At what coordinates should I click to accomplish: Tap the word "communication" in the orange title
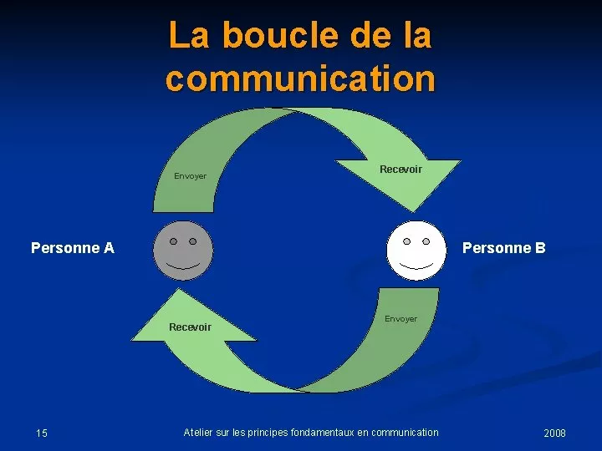tap(301, 79)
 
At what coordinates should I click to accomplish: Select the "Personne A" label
tap(73, 248)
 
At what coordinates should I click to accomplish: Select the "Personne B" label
tap(503, 248)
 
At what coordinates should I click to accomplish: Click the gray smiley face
tap(183, 251)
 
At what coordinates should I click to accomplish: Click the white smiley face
tap(416, 251)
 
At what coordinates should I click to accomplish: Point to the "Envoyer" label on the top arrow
tap(190, 176)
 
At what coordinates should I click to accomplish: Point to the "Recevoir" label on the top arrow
tap(400, 169)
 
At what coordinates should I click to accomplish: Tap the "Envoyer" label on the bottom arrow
tap(400, 319)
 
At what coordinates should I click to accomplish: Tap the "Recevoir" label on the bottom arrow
tap(190, 327)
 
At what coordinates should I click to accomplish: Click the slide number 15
tap(42, 433)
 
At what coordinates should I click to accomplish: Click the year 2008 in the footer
tap(555, 433)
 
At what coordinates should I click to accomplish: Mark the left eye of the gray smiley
tap(174, 241)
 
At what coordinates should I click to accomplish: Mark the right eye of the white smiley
tap(426, 241)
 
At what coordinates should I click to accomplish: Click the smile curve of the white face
tap(416, 267)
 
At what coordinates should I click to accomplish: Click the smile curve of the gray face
tap(183, 267)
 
